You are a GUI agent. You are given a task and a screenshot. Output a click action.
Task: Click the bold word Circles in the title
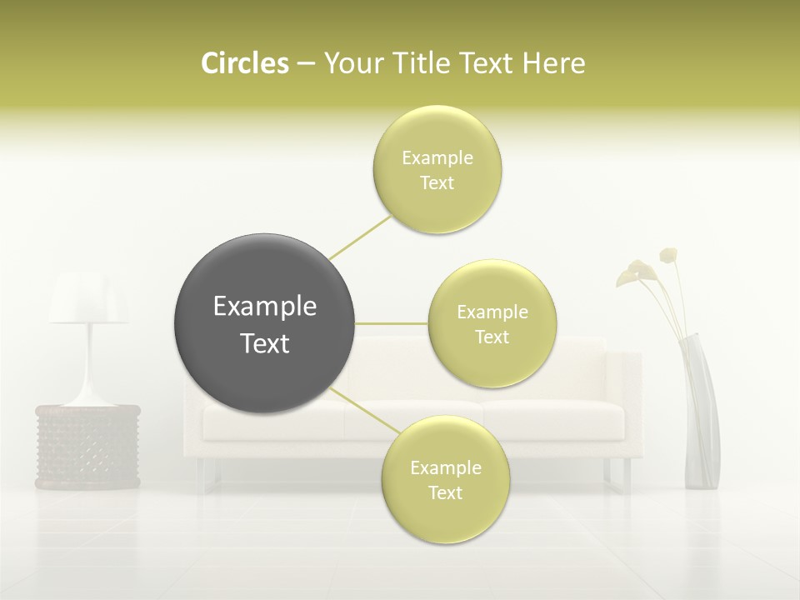pyautogui.click(x=244, y=63)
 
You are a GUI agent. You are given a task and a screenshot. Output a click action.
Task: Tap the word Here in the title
pyautogui.click(x=553, y=63)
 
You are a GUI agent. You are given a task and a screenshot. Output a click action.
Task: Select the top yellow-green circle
pyautogui.click(x=437, y=133)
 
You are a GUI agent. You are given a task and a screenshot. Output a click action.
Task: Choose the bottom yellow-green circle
pyautogui.click(x=446, y=517)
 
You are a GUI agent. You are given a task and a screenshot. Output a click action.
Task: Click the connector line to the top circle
pyautogui.click(x=360, y=237)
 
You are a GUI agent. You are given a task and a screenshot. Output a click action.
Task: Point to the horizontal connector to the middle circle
pyautogui.click(x=392, y=323)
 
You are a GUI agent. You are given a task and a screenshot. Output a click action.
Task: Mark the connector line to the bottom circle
pyautogui.click(x=364, y=410)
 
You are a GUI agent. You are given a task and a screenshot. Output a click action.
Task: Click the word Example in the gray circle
pyautogui.click(x=265, y=307)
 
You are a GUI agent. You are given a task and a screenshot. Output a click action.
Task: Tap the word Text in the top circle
pyautogui.click(x=437, y=183)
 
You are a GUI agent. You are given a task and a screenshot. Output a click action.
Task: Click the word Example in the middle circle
pyautogui.click(x=492, y=312)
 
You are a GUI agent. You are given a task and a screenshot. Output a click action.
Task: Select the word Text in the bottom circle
pyautogui.click(x=445, y=493)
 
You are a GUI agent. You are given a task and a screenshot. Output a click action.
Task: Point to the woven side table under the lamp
pyautogui.click(x=87, y=446)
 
